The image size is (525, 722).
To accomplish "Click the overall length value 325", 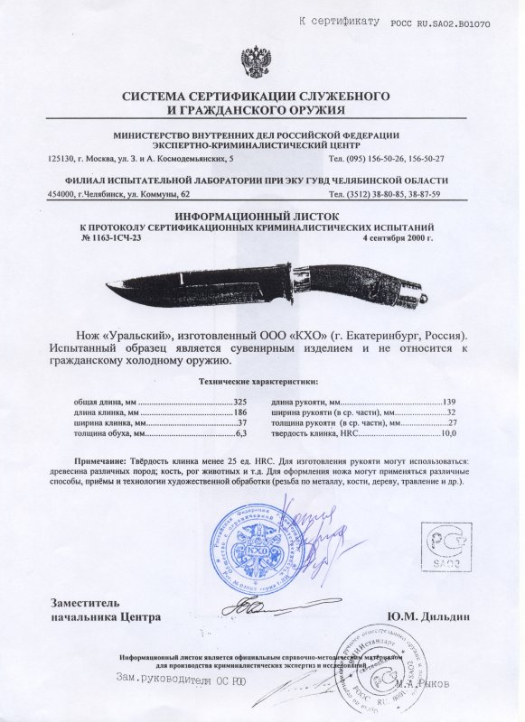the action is [x=240, y=398].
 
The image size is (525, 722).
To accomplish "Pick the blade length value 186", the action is [x=240, y=410].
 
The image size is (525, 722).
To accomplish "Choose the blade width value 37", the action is [x=242, y=421].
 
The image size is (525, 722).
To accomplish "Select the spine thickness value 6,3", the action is [x=241, y=433].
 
